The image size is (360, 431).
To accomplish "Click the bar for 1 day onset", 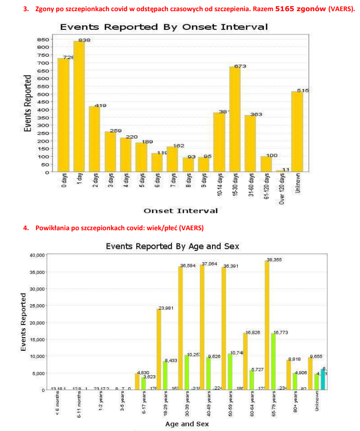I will coord(79,106).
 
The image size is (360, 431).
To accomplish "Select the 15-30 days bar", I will coord(235,119).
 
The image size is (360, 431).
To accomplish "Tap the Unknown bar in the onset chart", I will coord(297,132).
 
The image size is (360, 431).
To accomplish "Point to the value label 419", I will coord(100,105).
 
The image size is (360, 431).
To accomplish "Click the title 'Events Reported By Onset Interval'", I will coord(164,27).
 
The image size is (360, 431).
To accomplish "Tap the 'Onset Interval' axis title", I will coord(181,210).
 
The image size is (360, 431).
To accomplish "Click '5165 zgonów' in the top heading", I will coord(300,9).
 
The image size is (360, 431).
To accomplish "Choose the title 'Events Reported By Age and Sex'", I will coord(172,246).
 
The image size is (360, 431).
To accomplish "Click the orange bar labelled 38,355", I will coord(267,325).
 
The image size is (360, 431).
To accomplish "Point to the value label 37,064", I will coord(209,264).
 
